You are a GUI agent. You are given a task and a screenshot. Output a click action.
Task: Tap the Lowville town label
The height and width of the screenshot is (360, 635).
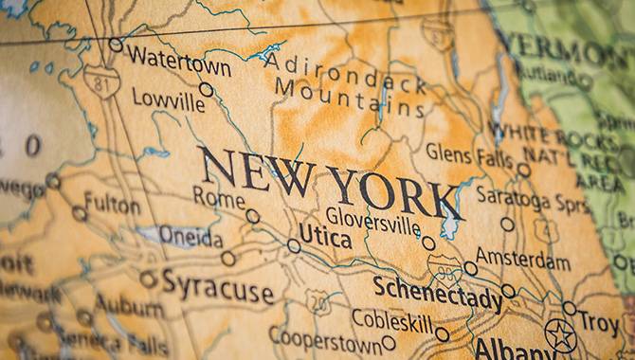pos(168,98)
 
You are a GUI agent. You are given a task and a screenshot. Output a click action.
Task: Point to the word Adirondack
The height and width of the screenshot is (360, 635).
pos(346,72)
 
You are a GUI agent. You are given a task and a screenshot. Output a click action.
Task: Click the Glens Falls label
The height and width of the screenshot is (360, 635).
pos(469,154)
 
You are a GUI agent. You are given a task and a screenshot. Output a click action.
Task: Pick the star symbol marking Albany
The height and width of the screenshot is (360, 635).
pos(560,334)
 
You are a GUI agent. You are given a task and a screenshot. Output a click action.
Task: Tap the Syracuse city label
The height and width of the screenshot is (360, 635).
pos(217,284)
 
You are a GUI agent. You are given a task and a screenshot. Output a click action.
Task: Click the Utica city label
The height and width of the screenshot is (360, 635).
pos(325,236)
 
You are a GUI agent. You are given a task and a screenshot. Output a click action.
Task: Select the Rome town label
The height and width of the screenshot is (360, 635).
pos(218,197)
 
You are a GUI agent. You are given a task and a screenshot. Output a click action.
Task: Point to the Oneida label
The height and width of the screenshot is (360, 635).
pos(190,237)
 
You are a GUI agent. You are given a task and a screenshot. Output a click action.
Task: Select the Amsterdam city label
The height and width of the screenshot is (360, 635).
pos(524,257)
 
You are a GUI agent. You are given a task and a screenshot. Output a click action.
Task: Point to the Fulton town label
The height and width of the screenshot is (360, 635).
pos(112,202)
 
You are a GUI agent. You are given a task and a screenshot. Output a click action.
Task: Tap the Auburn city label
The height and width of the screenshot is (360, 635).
pos(129,307)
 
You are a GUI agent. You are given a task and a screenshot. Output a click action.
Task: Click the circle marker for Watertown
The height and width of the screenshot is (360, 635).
pos(116,45)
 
